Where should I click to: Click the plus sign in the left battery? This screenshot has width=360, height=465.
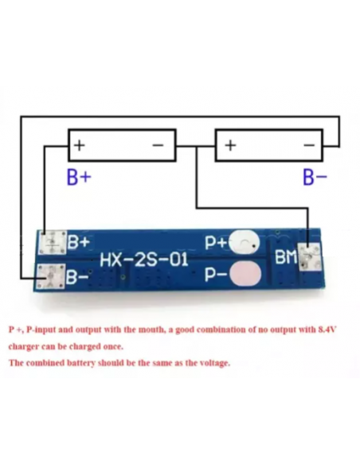point(80,145)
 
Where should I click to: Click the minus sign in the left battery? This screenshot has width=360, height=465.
point(158,145)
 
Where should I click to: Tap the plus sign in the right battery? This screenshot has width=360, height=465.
point(230,145)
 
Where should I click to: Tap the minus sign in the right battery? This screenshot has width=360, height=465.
point(309,145)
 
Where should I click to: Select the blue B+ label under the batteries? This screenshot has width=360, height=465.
point(79,177)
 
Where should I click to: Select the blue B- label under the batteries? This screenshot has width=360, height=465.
point(315,177)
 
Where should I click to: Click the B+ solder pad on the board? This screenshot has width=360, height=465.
point(53,243)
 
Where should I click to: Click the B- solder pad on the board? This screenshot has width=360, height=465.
point(50,276)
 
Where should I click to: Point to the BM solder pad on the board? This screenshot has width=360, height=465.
point(310,256)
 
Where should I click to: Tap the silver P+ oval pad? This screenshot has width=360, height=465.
point(245,243)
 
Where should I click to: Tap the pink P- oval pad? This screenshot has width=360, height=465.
point(245,274)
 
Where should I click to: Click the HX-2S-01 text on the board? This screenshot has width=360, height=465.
point(144,260)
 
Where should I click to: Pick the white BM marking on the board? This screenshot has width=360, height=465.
point(286,257)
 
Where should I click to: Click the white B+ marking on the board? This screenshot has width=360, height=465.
point(79,242)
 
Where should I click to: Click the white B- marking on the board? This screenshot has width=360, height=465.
point(77,277)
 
